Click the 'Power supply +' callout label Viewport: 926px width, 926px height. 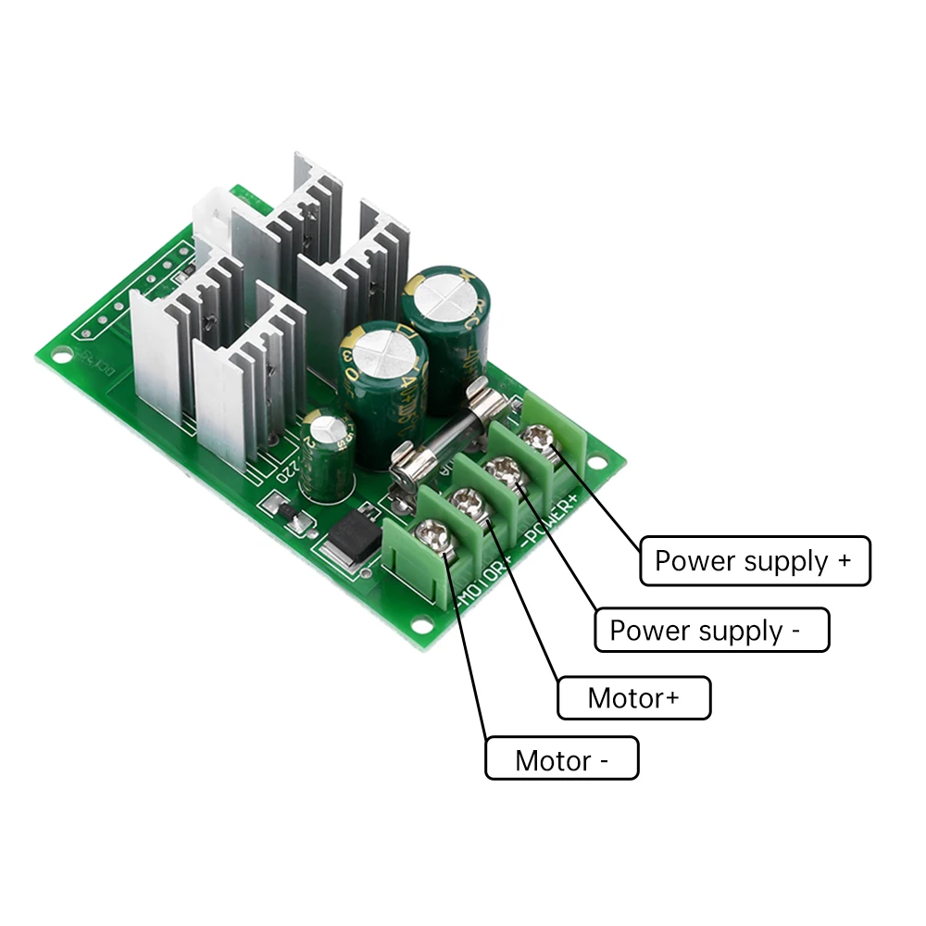(x=755, y=560)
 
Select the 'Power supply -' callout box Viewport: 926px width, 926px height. (x=711, y=631)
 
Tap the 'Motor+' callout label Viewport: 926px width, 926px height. (x=633, y=697)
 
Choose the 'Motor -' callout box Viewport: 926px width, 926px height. (x=561, y=760)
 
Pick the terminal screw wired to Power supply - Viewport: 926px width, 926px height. (x=501, y=468)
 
